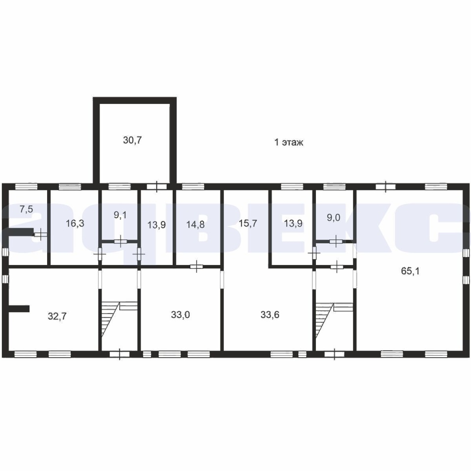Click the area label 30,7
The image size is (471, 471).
coord(132,140)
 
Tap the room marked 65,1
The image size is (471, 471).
coord(410,271)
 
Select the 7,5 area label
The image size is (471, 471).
coord(26,209)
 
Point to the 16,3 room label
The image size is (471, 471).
coord(75,224)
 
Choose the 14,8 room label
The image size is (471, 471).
coord(196,224)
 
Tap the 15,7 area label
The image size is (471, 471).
coord(248,224)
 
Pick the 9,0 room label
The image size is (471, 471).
coord(334,217)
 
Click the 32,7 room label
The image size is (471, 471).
coord(57,316)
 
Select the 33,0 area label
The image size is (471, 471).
coord(181,315)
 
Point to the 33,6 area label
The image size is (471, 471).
coord(270,315)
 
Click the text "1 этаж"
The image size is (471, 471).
coord(288,142)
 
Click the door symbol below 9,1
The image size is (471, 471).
coord(121,241)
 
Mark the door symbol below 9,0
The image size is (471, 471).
coord(336,240)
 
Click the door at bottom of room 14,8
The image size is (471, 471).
coord(197,266)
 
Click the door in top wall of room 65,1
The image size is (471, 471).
coord(386,187)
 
